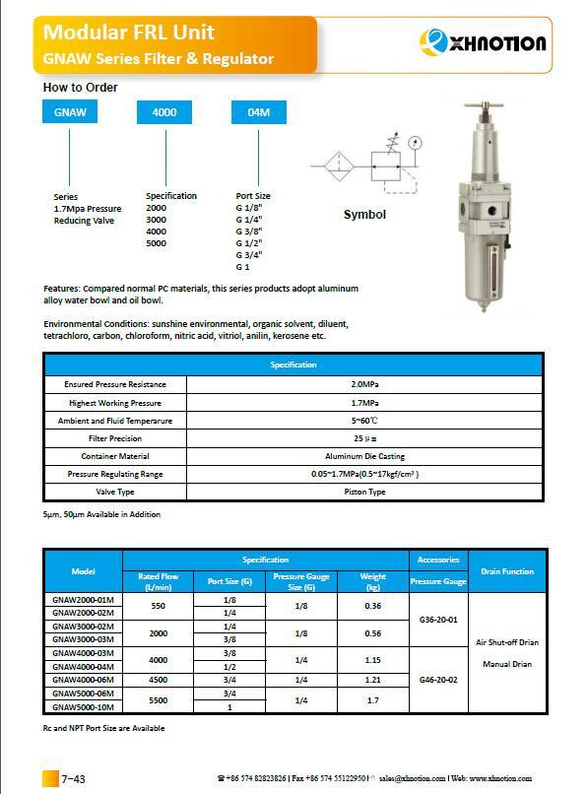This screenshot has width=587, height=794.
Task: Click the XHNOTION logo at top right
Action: pyautogui.click(x=484, y=42)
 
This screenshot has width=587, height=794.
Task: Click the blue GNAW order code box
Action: pyautogui.click(x=70, y=112)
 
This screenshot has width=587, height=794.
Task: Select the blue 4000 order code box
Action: pyautogui.click(x=164, y=112)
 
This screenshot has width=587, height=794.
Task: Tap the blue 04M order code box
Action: pyautogui.click(x=258, y=112)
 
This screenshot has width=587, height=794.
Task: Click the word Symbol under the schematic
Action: pyautogui.click(x=364, y=215)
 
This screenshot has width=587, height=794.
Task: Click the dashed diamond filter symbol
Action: pyautogui.click(x=336, y=164)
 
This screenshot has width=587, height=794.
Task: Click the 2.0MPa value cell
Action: pyautogui.click(x=364, y=384)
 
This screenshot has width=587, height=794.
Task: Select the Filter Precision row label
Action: pyautogui.click(x=115, y=438)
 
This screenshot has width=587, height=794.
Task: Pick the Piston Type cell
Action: pyautogui.click(x=364, y=492)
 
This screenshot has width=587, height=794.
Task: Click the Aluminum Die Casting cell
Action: pyautogui.click(x=364, y=456)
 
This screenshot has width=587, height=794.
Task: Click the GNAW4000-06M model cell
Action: pyautogui.click(x=83, y=680)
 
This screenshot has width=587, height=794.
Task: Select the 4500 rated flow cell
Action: pyautogui.click(x=158, y=680)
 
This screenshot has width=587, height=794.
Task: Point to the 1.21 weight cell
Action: pyautogui.click(x=373, y=680)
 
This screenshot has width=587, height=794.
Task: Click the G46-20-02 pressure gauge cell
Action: pyautogui.click(x=438, y=680)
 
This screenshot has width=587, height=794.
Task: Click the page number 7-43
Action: pyautogui.click(x=74, y=779)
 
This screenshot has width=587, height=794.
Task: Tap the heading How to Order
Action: pyautogui.click(x=80, y=88)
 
